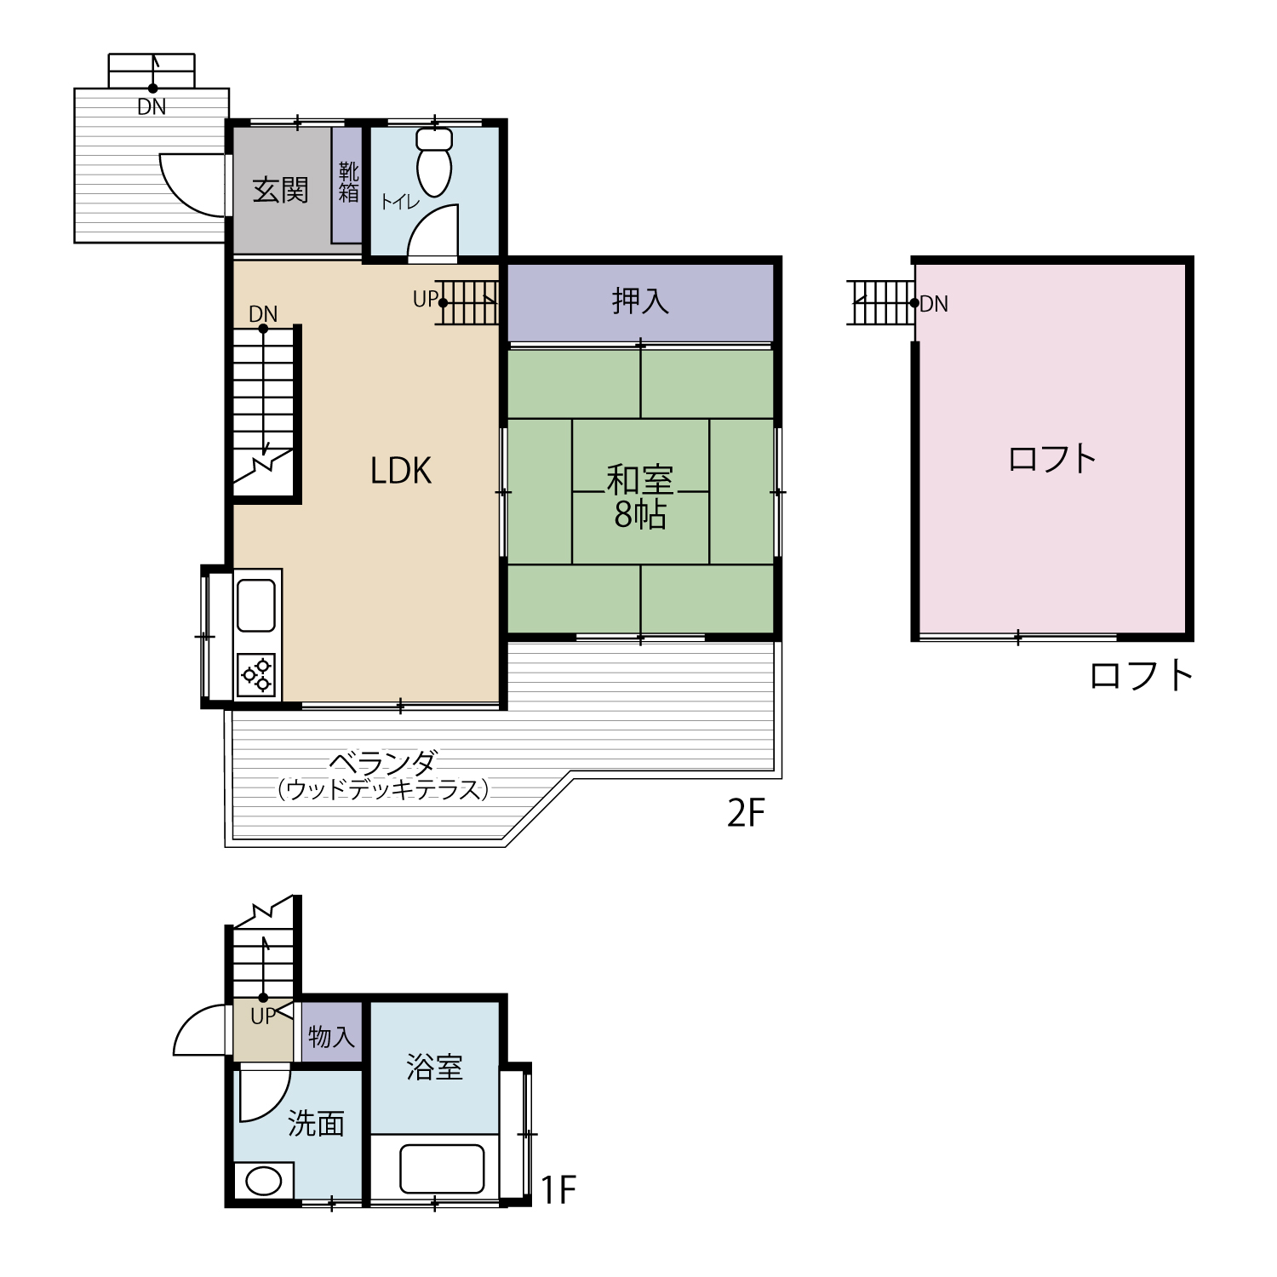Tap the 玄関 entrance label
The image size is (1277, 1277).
(281, 190)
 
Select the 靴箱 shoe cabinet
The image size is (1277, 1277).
(347, 185)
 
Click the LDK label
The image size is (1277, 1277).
(401, 471)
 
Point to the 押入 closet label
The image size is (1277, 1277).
(640, 301)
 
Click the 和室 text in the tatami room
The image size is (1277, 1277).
(640, 480)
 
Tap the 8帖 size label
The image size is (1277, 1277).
(640, 514)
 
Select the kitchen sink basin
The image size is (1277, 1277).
(256, 605)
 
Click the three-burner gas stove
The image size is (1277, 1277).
(257, 675)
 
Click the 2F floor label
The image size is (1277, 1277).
(747, 814)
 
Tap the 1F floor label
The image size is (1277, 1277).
(559, 1190)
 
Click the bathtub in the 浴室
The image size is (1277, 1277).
(442, 1169)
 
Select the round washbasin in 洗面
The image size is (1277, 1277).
(263, 1182)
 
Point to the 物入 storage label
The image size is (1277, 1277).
(331, 1037)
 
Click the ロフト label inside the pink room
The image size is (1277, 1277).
(1052, 459)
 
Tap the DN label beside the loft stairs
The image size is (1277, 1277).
(934, 304)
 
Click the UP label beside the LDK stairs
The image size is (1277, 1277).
(425, 300)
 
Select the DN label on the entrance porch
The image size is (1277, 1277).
(152, 107)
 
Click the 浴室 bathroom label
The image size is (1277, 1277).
(434, 1067)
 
